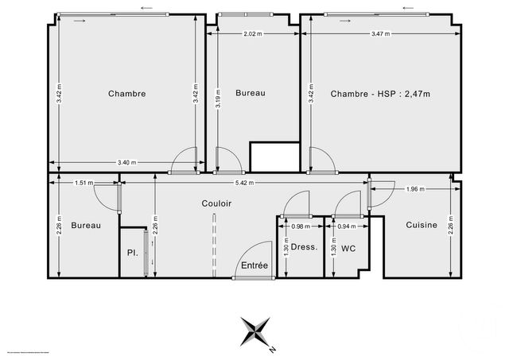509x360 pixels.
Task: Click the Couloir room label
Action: click(216, 203)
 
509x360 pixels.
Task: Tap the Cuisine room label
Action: click(422, 225)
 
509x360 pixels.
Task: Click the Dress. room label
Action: click(304, 247)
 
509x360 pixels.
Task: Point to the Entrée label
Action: click(254, 265)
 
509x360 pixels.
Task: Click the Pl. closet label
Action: click(132, 254)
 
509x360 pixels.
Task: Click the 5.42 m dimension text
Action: click(244, 183)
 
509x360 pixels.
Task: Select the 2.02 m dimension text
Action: click(252, 33)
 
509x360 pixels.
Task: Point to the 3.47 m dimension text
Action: click(382, 33)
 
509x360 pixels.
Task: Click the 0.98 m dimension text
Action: click(301, 226)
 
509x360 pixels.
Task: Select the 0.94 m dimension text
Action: click(347, 226)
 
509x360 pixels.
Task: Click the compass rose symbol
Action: click(255, 330)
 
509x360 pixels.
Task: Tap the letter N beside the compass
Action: click(272, 349)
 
